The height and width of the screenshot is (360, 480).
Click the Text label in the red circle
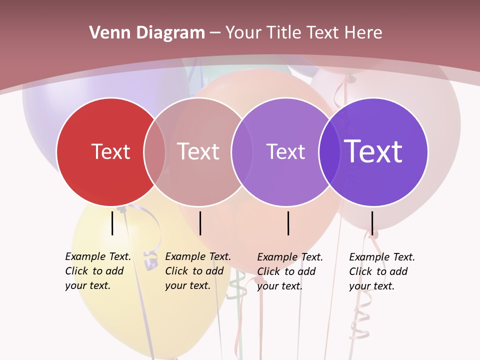coord(110,151)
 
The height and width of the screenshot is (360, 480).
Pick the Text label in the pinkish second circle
coord(198,151)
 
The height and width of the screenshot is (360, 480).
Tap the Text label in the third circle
coord(285,151)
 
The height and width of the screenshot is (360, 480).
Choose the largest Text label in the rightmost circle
coord(373,151)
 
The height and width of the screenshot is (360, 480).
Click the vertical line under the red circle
coord(112,223)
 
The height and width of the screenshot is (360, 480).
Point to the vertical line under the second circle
coord(200,223)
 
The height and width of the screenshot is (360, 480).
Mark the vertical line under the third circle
coord(288,223)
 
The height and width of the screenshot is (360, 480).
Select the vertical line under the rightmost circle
coord(372,223)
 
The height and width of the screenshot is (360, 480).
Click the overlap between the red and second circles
coord(154,151)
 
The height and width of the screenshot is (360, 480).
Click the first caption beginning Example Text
coord(97,271)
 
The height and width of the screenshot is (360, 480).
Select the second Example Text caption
coord(197,271)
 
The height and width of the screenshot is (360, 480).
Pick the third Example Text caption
coord(289,271)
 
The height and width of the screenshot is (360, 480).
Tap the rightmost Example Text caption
coord(381,271)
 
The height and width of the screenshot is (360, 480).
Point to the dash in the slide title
coord(215,33)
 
